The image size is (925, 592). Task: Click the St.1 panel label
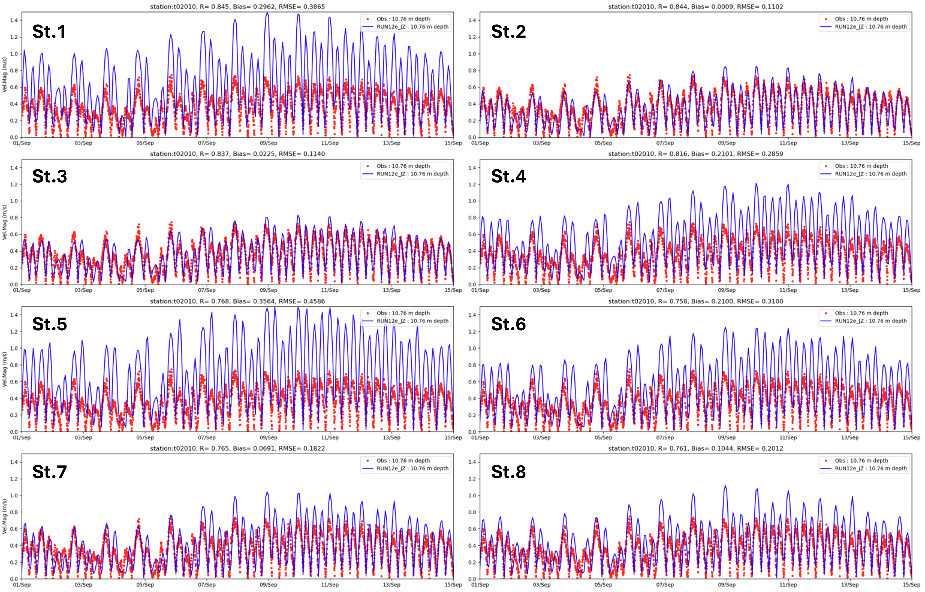point(49,32)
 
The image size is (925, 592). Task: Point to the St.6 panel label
point(508,324)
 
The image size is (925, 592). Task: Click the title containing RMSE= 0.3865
point(237,6)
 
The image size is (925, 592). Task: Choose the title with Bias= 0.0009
point(696,6)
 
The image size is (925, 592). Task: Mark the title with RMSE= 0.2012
point(696,448)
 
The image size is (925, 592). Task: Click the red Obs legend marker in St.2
point(826,19)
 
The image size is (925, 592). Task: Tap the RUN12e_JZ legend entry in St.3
point(412,174)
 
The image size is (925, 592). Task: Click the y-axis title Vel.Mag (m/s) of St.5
point(5,369)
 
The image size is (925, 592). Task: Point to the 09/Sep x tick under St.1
point(268,143)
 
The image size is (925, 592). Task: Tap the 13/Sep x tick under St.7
point(391,585)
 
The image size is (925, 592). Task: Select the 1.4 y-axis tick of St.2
point(472,20)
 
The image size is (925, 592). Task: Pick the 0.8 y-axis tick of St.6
point(472,365)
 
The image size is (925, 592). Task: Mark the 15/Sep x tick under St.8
point(911,585)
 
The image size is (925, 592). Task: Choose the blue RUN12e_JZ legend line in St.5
point(368,321)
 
